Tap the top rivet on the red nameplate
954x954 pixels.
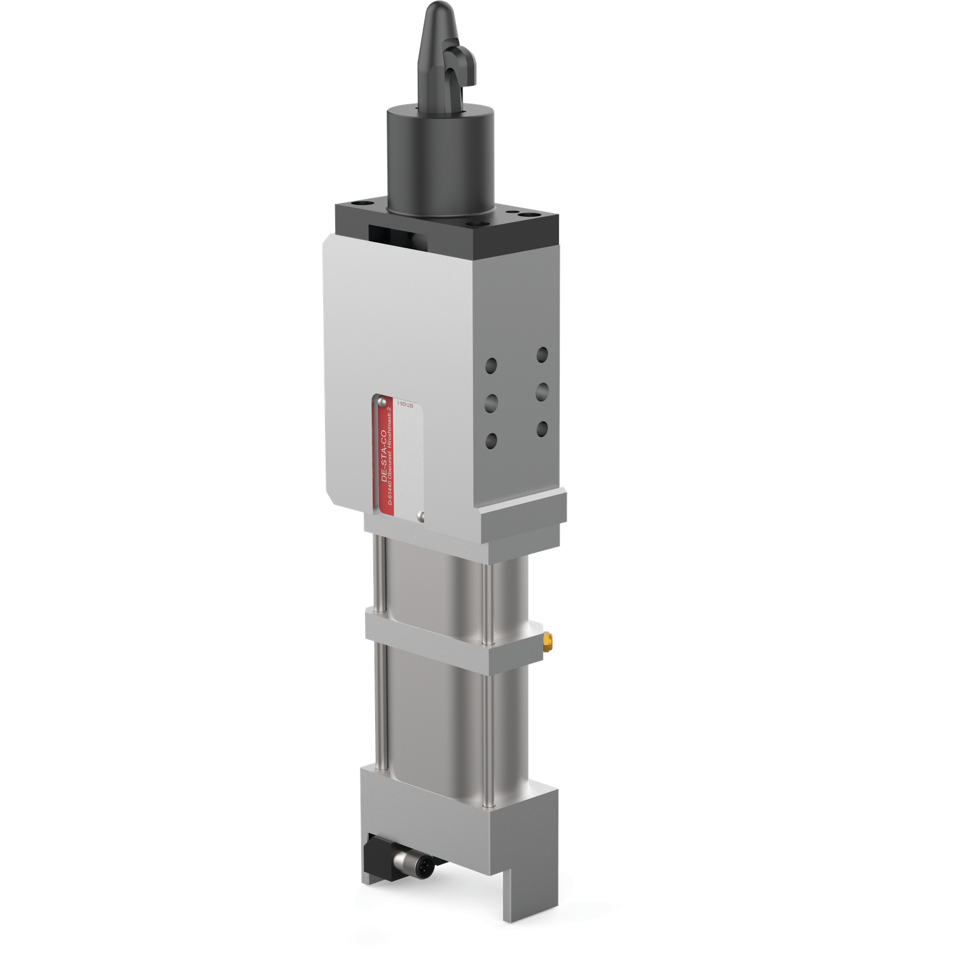(380, 401)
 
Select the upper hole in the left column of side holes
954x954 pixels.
(491, 366)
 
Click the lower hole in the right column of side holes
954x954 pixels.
(542, 429)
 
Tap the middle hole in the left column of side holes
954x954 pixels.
(491, 403)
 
